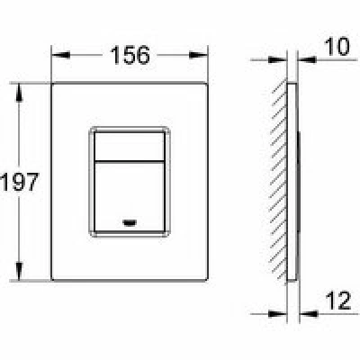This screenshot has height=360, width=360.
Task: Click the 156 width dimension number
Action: coord(130,55)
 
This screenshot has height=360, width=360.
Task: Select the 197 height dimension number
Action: coord(20,182)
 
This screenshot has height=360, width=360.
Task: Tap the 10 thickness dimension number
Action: coord(337,47)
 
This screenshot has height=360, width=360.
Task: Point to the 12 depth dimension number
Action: coord(338,301)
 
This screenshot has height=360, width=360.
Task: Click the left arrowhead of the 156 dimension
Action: coord(61,55)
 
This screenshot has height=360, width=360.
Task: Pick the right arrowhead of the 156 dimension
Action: coord(198,55)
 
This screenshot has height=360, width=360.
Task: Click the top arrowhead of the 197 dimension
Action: coord(19,93)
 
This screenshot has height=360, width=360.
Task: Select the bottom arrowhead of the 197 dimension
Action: coord(19,271)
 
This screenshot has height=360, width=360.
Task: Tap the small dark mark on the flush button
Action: coord(130,222)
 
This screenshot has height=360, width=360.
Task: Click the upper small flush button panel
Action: coord(130,146)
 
